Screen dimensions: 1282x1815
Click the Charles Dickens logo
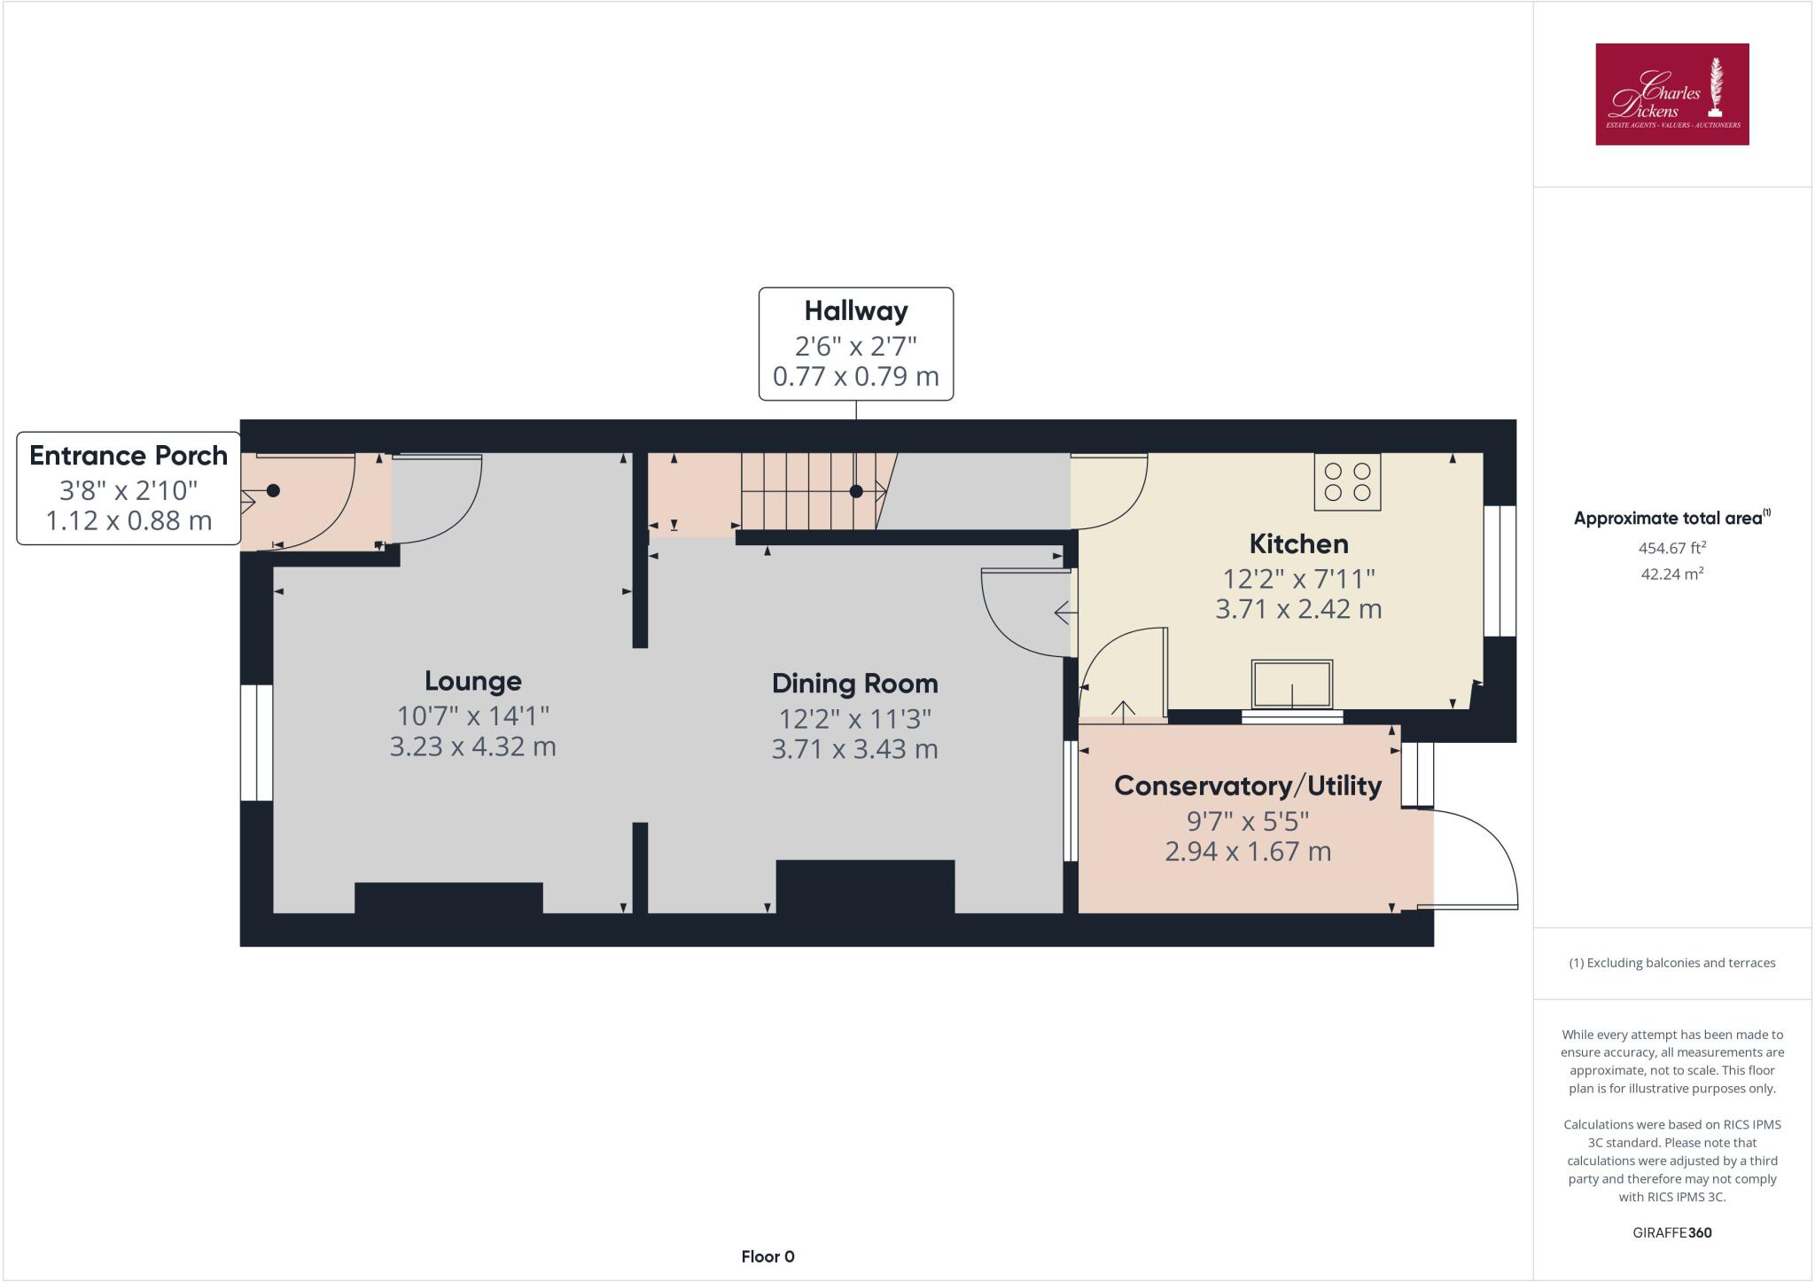pos(1671,94)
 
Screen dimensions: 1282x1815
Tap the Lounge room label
pos(473,681)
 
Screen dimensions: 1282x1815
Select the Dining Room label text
pos(854,684)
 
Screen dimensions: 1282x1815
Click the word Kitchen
pos(1298,543)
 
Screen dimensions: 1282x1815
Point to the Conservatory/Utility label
pos(1247,786)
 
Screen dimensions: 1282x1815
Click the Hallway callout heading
pos(855,311)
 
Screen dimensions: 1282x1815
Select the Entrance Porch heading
pos(129,456)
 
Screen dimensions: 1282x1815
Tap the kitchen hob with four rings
pos(1347,482)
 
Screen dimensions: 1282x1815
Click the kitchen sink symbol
pos(1292,684)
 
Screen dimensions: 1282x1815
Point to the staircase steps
pos(806,492)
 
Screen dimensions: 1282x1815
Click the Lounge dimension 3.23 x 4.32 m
pos(473,747)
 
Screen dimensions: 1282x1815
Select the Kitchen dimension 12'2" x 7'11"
pos(1298,579)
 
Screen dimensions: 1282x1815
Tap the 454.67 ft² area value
pos(1671,548)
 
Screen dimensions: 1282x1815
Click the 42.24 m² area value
pos(1671,574)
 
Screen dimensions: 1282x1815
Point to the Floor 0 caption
pos(767,1256)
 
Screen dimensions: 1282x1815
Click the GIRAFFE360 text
pos(1671,1232)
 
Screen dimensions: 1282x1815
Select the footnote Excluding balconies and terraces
pos(1671,963)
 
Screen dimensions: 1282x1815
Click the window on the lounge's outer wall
pos(257,743)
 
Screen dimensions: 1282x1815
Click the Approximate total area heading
pos(1671,519)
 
